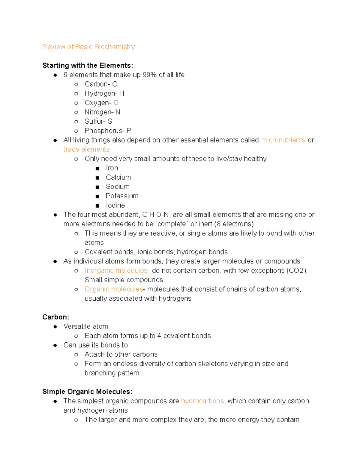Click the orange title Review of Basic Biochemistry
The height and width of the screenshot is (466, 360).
pos(89,47)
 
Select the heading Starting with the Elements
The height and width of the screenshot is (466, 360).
pos(88,65)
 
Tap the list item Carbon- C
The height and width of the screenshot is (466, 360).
pos(100,84)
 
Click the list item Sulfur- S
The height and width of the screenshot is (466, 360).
pos(98,121)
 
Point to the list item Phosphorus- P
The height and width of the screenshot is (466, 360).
pos(108,131)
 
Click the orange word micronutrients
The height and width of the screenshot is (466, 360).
pos(283,140)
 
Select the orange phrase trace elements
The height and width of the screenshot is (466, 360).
pos(86,149)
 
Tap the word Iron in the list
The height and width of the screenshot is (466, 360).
pos(112,168)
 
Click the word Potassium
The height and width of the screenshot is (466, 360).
pos(122,196)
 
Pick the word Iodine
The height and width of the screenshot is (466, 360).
pos(115,205)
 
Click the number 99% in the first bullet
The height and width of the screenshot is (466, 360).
pos(150,75)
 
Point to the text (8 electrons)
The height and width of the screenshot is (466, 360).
pos(234,224)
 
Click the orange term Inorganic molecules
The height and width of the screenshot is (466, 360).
pos(116,270)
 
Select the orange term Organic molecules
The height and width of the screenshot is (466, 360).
pos(114,289)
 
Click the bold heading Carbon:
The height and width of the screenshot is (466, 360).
pos(56,317)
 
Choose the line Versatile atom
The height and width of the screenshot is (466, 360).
pos(85,326)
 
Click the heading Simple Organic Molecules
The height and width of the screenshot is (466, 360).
pos(87,392)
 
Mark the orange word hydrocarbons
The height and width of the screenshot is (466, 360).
pos(202,401)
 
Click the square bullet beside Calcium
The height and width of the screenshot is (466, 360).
pos(97,178)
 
